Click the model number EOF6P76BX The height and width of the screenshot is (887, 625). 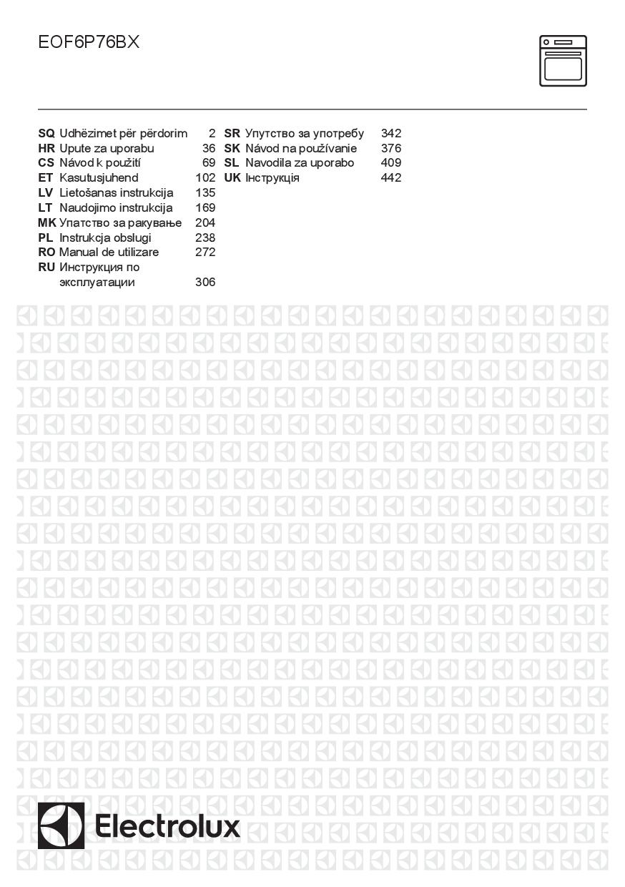89,43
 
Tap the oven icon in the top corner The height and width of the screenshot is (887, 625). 563,61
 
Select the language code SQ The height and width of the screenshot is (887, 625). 46,134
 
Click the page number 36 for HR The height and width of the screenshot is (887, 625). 209,149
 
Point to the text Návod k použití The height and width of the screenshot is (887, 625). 100,163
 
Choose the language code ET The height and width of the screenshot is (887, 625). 46,178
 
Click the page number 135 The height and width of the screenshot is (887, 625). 205,193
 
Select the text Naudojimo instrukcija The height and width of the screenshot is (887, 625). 116,208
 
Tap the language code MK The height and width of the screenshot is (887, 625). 46,223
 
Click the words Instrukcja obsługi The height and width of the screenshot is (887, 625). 105,237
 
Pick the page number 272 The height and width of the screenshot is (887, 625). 205,253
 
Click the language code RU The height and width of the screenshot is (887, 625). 46,268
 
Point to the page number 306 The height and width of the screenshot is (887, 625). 205,283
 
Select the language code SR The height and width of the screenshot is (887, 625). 232,134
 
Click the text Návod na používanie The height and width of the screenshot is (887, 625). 301,149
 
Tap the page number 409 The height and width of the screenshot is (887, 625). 391,163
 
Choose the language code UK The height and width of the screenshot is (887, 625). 232,178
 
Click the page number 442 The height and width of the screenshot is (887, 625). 391,178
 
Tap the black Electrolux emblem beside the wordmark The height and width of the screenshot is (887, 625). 61,825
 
